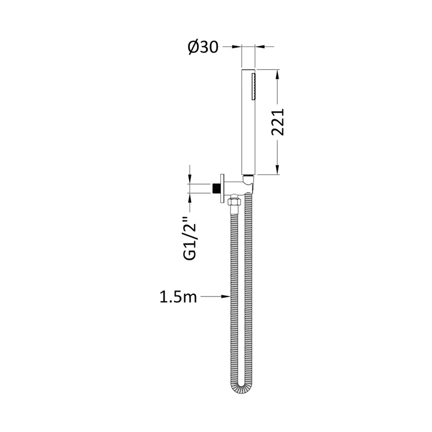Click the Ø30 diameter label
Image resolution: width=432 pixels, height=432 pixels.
[203, 47]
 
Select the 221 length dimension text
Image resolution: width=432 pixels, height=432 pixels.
[278, 122]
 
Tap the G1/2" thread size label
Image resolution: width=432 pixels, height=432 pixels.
[190, 238]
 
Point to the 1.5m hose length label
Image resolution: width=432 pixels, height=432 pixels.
[178, 297]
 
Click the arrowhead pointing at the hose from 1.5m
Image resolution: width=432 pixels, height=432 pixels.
[226, 296]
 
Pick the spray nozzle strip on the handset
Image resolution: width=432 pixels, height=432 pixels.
[253, 86]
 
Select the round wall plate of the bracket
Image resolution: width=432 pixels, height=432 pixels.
[222, 188]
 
